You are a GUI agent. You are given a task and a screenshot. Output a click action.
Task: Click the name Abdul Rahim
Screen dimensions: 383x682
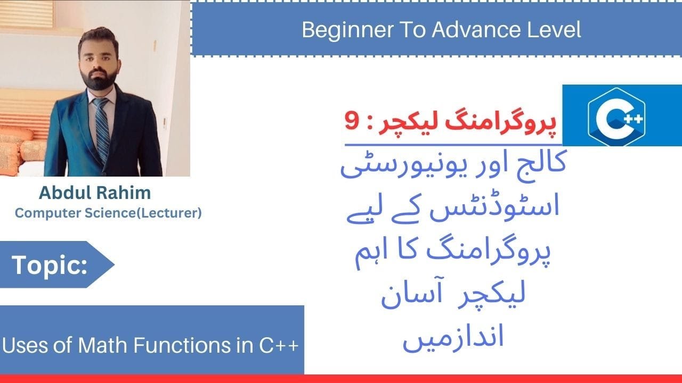click(x=95, y=193)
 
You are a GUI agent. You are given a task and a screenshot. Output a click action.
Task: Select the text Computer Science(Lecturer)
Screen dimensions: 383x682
click(x=108, y=213)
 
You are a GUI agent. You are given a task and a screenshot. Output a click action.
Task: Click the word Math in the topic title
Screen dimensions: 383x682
click(x=103, y=346)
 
